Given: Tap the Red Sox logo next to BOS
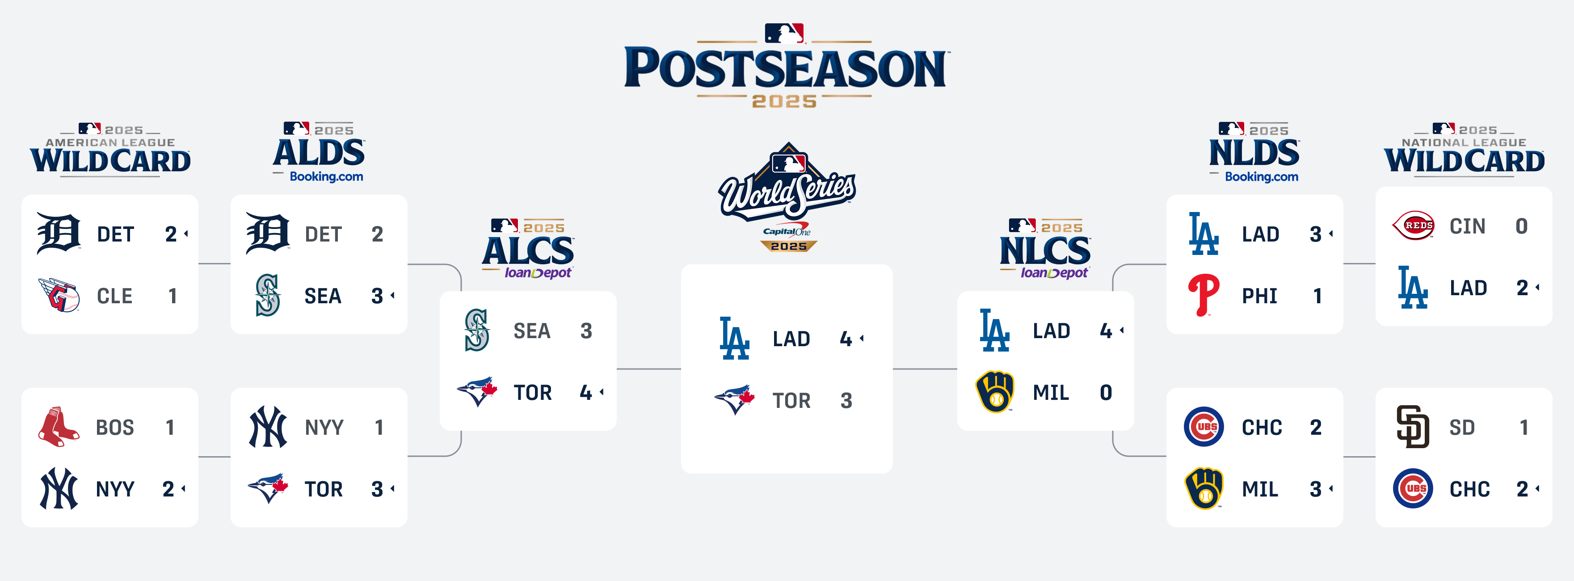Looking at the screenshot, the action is (59, 427).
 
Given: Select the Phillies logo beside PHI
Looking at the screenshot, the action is (1204, 295).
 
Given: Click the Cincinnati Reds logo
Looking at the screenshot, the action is (1413, 226).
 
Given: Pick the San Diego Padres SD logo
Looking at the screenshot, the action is (1413, 427).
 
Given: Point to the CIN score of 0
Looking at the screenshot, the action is (1521, 226).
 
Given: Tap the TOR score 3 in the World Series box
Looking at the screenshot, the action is (846, 401).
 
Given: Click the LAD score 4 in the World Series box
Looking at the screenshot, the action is (846, 338).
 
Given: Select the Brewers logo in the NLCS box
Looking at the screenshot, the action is (995, 391).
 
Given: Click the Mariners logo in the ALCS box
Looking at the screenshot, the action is (476, 330).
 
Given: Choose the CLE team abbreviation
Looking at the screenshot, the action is (115, 296).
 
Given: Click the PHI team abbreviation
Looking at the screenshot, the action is (1259, 296).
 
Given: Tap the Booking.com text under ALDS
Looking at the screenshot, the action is (326, 177).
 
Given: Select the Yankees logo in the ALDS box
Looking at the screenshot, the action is (268, 427).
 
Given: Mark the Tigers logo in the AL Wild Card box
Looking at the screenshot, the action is (59, 233).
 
